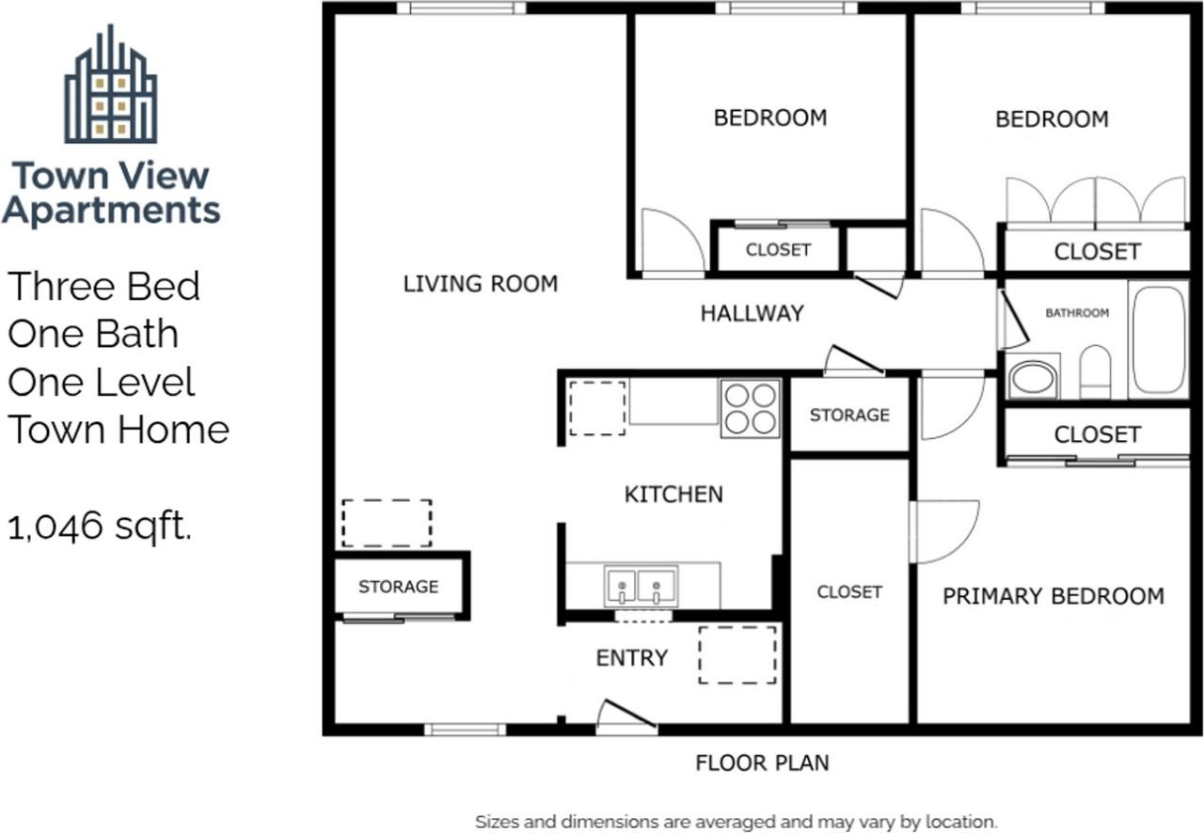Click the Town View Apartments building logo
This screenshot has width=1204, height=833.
coord(111,84)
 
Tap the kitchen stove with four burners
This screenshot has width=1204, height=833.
coord(751,408)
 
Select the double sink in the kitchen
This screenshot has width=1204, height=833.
coord(641,586)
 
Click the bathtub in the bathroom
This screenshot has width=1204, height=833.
coord(1159,339)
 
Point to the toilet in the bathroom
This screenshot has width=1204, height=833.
coord(1095,372)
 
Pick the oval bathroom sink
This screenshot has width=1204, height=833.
coord(1033,378)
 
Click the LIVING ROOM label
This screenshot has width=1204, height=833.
coord(481,284)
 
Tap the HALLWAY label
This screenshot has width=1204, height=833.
coord(752,313)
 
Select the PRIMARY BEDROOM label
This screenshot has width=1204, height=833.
coord(1053,596)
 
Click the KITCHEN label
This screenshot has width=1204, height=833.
coord(673,495)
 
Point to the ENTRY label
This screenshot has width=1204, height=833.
coord(632,658)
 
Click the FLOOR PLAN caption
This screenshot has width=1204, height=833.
coord(762,763)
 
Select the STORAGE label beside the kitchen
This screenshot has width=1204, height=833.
coord(849,415)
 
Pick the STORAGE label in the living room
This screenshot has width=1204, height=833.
coord(398,587)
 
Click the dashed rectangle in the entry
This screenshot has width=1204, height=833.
coord(737,655)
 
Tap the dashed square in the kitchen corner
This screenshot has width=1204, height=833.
coord(597,408)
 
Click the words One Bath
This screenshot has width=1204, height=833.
coord(93,334)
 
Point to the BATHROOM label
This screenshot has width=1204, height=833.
coord(1077,313)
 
